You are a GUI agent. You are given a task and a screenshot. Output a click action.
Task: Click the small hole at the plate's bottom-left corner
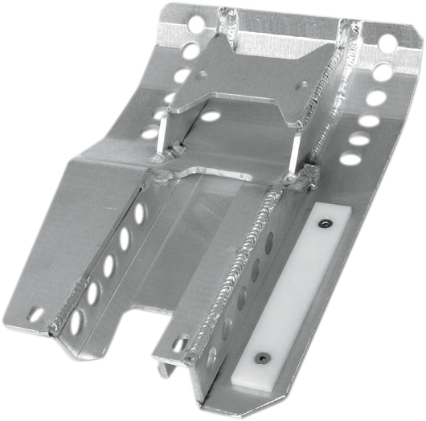35,313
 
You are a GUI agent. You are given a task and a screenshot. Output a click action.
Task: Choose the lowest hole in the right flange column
350,158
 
